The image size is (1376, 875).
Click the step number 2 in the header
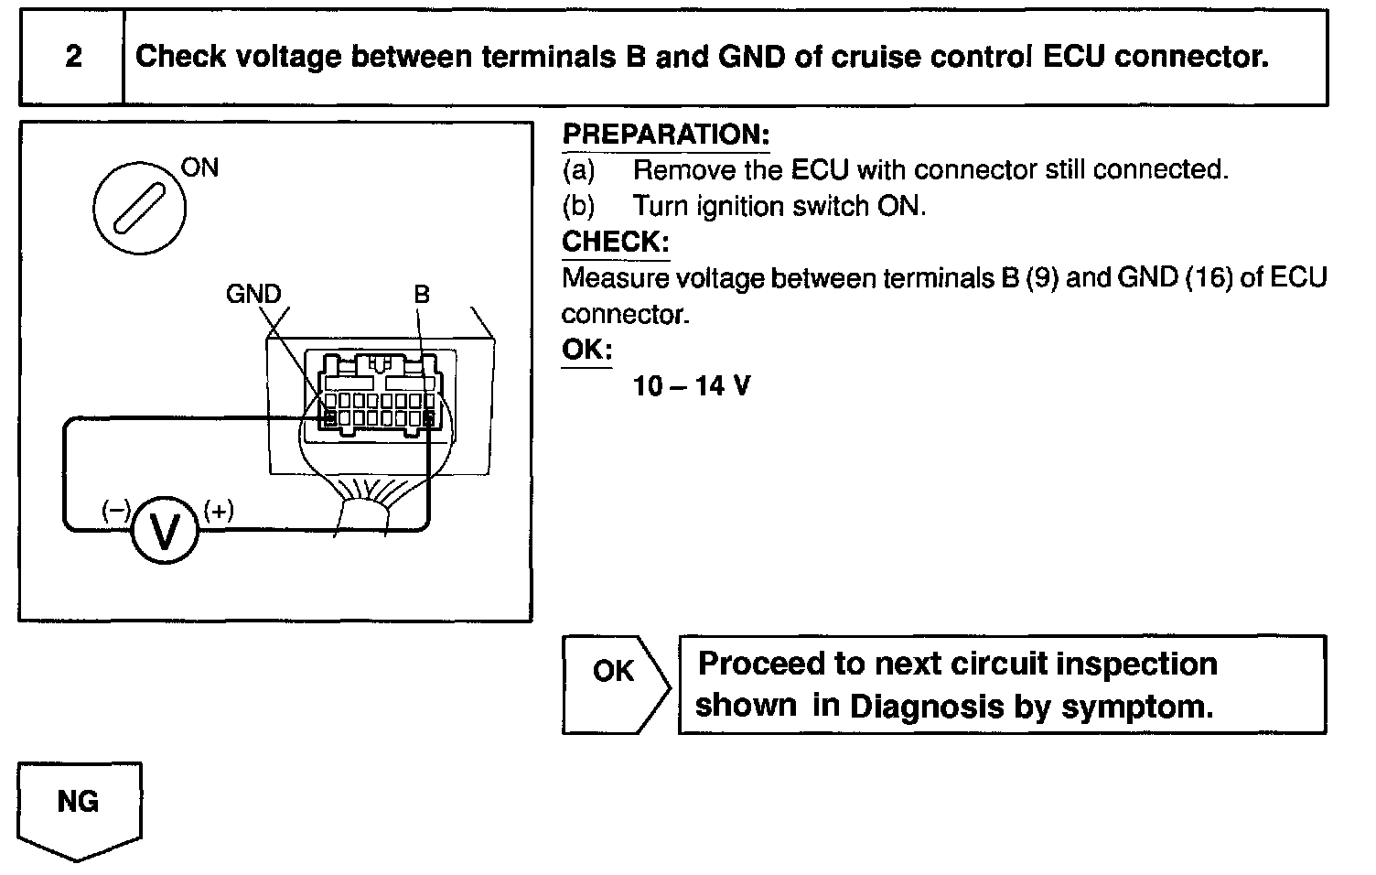pyautogui.click(x=73, y=57)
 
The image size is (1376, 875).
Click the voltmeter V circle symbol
pyautogui.click(x=165, y=530)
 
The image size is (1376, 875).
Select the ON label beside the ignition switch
pyautogui.click(x=199, y=167)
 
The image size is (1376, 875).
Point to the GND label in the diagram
pyautogui.click(x=253, y=294)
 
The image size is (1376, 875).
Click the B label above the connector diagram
pyautogui.click(x=421, y=294)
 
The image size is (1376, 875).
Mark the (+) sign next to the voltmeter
pyautogui.click(x=219, y=510)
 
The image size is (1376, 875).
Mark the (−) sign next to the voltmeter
pyautogui.click(x=116, y=511)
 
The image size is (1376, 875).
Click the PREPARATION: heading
pyautogui.click(x=666, y=135)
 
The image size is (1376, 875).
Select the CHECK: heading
pyautogui.click(x=615, y=243)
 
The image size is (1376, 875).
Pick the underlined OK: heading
pyautogui.click(x=586, y=351)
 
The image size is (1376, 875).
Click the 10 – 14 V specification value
pyautogui.click(x=691, y=386)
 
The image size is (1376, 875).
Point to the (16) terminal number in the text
pyautogui.click(x=1209, y=278)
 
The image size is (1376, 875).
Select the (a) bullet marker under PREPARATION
pyautogui.click(x=578, y=170)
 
